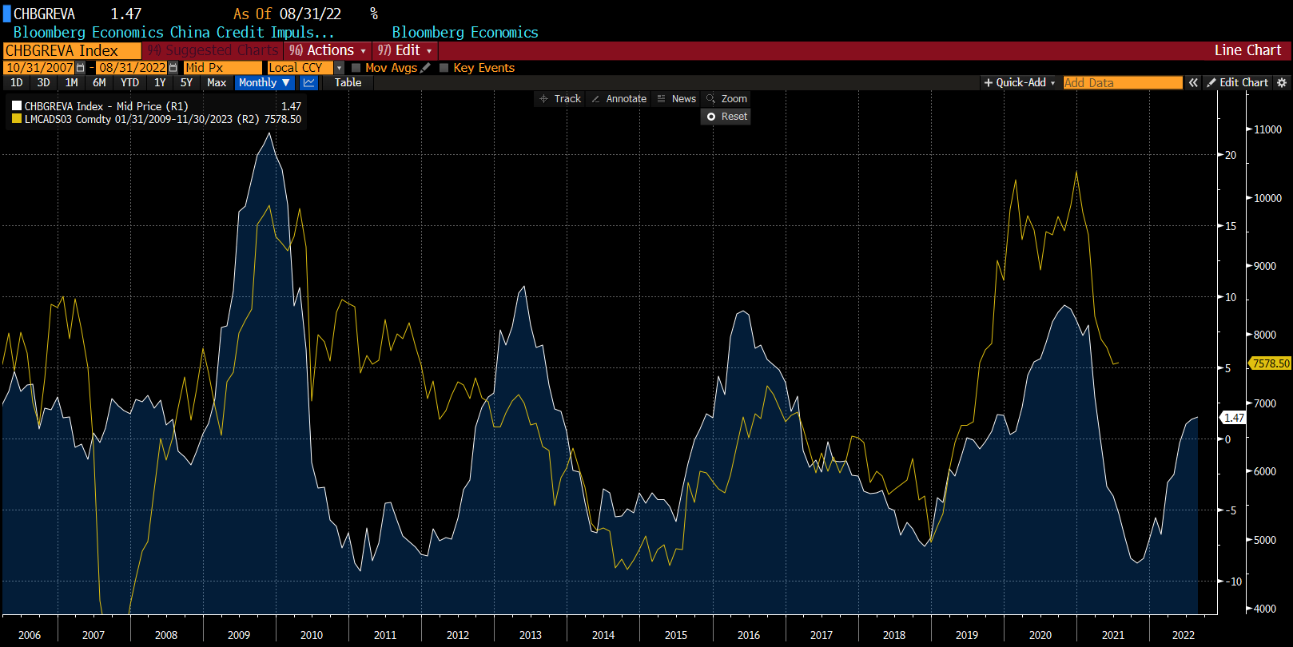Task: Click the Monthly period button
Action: (x=264, y=82)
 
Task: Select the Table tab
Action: (x=348, y=82)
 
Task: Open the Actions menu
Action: (x=328, y=50)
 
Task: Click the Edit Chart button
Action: (x=1238, y=82)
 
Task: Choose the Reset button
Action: (x=727, y=117)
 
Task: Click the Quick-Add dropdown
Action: (x=1020, y=82)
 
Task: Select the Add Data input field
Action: (x=1122, y=82)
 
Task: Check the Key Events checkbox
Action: (x=444, y=68)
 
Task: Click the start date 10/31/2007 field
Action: (x=40, y=68)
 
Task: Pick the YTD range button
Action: (x=129, y=82)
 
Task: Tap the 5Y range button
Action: (x=186, y=82)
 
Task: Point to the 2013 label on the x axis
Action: (x=531, y=635)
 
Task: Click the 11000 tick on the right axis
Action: (x=1267, y=129)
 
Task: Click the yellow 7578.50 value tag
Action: (x=1271, y=363)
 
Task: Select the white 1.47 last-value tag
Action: (x=1234, y=418)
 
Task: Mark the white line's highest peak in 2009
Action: (x=269, y=133)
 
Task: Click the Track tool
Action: (x=560, y=99)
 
